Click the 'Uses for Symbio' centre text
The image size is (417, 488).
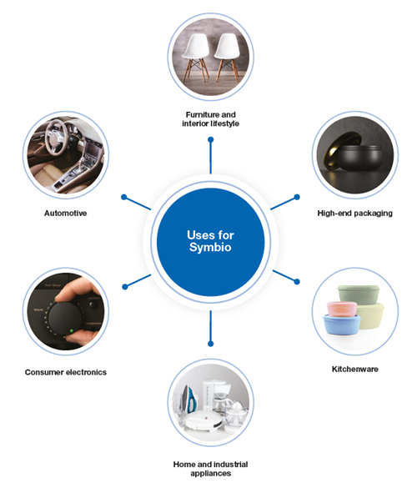(x=210, y=241)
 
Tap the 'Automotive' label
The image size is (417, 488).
(x=65, y=214)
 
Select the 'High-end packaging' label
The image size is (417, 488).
(x=354, y=214)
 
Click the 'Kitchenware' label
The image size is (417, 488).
(x=355, y=369)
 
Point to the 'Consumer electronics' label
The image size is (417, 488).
(x=66, y=372)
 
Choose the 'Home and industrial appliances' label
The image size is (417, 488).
(x=211, y=469)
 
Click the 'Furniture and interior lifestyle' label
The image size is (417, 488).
(x=211, y=119)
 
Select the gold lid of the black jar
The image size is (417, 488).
(x=340, y=150)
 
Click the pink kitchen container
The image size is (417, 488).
(x=341, y=309)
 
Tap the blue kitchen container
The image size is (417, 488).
(x=342, y=324)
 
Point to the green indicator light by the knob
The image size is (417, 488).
(x=71, y=331)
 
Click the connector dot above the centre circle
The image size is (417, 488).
(x=211, y=140)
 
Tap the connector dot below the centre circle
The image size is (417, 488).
(x=211, y=344)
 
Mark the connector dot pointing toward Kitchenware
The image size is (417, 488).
(x=297, y=282)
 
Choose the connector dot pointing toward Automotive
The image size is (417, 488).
(x=124, y=197)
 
